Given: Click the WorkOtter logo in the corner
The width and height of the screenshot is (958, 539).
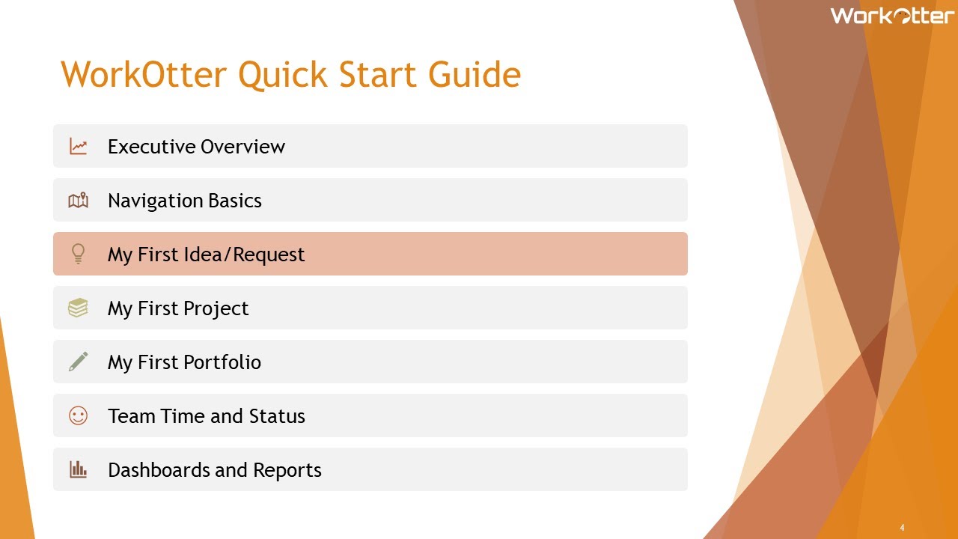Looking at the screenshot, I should click(x=891, y=16).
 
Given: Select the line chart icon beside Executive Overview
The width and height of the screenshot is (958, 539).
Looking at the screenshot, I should click(x=79, y=147).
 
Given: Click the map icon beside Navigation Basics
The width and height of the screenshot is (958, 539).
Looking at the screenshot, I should click(x=79, y=201).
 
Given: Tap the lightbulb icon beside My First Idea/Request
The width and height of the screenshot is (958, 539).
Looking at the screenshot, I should click(x=78, y=255).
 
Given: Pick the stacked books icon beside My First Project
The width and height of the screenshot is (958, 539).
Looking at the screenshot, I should click(x=79, y=308).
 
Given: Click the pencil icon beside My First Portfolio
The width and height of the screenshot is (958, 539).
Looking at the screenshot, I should click(x=79, y=362).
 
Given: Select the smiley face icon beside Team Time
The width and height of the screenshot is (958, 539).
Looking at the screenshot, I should click(x=79, y=415).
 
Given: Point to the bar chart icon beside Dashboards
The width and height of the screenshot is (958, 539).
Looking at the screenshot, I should click(x=79, y=469).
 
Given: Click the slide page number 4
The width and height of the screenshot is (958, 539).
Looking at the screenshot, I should click(x=902, y=528).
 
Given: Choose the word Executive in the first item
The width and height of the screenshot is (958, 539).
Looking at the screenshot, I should click(x=151, y=147).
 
